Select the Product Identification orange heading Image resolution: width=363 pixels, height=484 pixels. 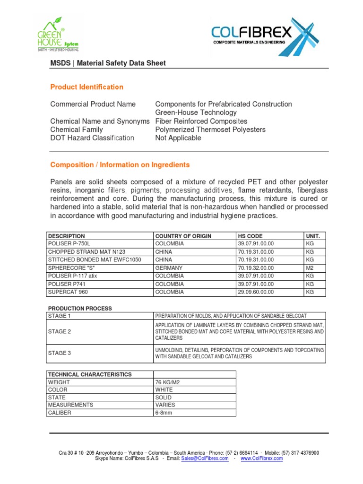(86, 87)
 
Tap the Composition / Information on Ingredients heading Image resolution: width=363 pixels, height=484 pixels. (120, 165)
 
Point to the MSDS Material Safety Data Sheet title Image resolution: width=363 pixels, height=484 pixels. (108, 63)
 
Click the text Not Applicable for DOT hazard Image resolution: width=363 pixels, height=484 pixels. (178, 138)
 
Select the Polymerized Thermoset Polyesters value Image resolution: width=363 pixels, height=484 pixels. (210, 130)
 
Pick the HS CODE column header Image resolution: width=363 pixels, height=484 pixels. (250, 236)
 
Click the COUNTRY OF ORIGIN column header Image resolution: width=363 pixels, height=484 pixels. (183, 236)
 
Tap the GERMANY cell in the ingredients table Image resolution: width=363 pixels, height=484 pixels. (169, 268)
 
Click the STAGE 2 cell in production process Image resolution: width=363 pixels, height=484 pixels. (60, 332)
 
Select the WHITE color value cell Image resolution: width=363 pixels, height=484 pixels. (164, 389)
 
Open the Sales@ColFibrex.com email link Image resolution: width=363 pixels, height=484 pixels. (205, 458)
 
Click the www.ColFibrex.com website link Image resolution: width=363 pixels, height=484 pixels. (261, 458)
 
